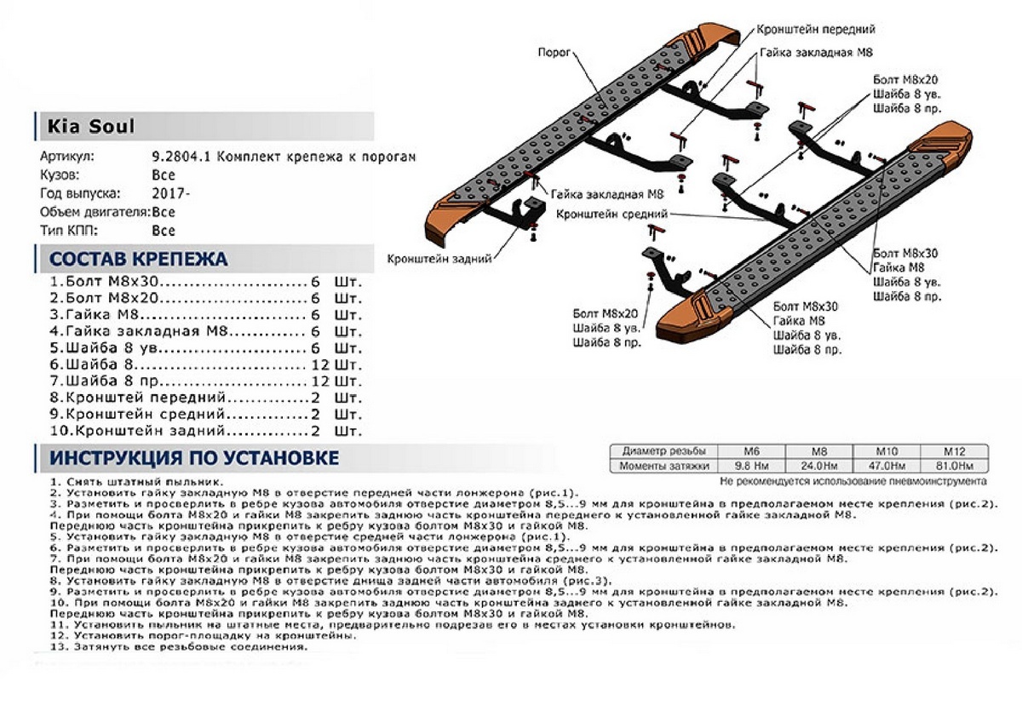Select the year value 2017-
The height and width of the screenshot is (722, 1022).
click(170, 193)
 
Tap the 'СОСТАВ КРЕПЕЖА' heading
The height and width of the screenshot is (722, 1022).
click(138, 259)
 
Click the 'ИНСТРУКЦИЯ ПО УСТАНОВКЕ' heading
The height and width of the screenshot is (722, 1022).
click(194, 458)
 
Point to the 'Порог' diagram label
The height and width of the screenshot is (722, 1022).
click(554, 50)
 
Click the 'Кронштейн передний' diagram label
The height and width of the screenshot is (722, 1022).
click(816, 29)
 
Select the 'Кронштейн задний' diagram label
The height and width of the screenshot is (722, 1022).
click(439, 259)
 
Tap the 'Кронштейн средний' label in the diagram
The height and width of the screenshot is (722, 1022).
click(611, 215)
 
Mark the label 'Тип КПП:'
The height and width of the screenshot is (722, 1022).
click(69, 230)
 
